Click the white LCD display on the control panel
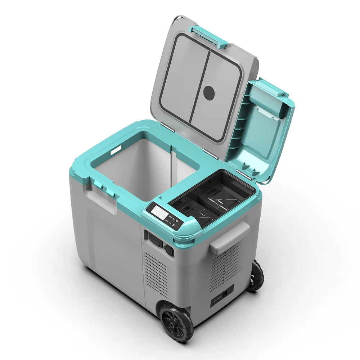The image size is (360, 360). [159, 210]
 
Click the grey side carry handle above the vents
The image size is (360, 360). [229, 238]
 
